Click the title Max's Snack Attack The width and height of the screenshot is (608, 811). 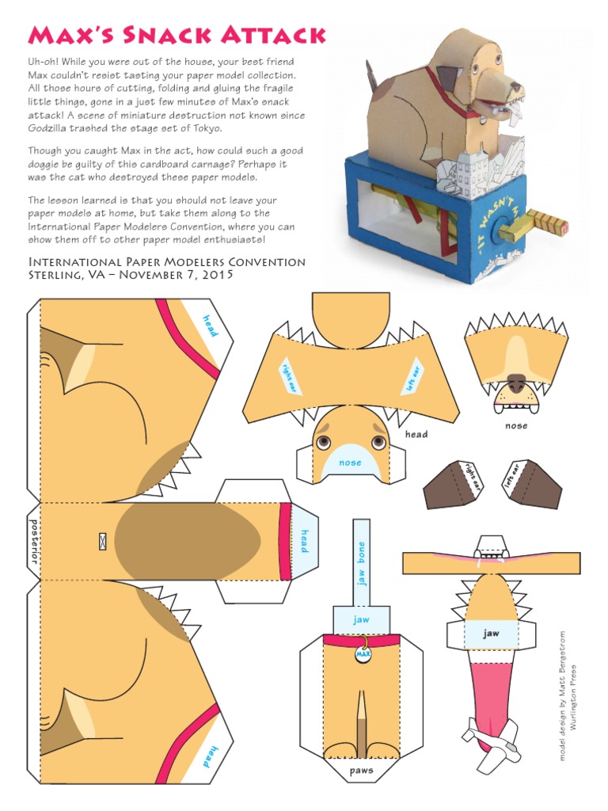[177, 35]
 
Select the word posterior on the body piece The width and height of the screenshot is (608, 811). [34, 541]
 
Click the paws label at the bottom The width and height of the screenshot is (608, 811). [361, 770]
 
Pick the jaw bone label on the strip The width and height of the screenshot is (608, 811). [362, 563]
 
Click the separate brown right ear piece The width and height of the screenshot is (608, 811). [453, 483]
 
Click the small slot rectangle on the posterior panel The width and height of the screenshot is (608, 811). [102, 542]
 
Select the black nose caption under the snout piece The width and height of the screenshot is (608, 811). [516, 425]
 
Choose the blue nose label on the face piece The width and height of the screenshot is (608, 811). [350, 463]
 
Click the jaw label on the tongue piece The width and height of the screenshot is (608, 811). [492, 634]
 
